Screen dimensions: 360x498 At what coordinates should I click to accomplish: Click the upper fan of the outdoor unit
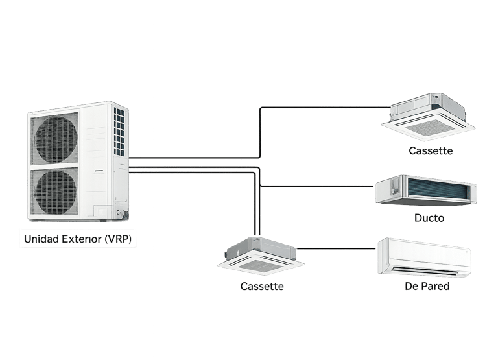coord(55,138)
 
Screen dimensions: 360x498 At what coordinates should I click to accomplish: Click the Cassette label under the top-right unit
coord(431,151)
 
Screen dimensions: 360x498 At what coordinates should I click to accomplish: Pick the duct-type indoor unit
coord(426,191)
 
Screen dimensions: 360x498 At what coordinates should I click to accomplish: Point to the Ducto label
coord(429,219)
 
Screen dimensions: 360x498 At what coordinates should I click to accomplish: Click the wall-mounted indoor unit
coord(425,258)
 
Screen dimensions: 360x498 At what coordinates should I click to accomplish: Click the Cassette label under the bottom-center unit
coord(262,286)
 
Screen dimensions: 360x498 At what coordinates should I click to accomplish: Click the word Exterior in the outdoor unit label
coord(80,239)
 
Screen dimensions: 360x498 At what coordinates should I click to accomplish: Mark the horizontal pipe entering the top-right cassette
coord(324,108)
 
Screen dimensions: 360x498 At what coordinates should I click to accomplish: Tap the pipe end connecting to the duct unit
coord(370,187)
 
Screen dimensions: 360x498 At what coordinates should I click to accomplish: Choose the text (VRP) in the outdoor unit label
coord(121,239)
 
